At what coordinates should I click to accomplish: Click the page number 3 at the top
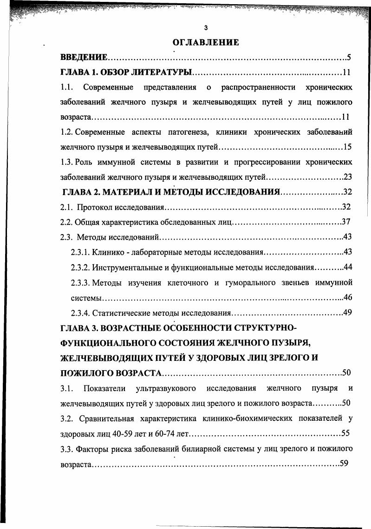tap(206, 27)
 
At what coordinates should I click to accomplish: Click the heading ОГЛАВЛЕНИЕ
tap(206, 43)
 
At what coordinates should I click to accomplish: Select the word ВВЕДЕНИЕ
tap(84, 58)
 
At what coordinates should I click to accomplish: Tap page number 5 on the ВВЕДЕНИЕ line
tap(348, 58)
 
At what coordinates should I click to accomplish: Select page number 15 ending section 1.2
tap(348, 147)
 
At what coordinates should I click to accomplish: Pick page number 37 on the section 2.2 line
tap(345, 222)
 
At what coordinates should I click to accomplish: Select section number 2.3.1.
tap(80, 252)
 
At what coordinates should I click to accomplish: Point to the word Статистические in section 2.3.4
tap(119, 312)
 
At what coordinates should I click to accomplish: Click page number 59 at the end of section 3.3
tap(344, 463)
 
